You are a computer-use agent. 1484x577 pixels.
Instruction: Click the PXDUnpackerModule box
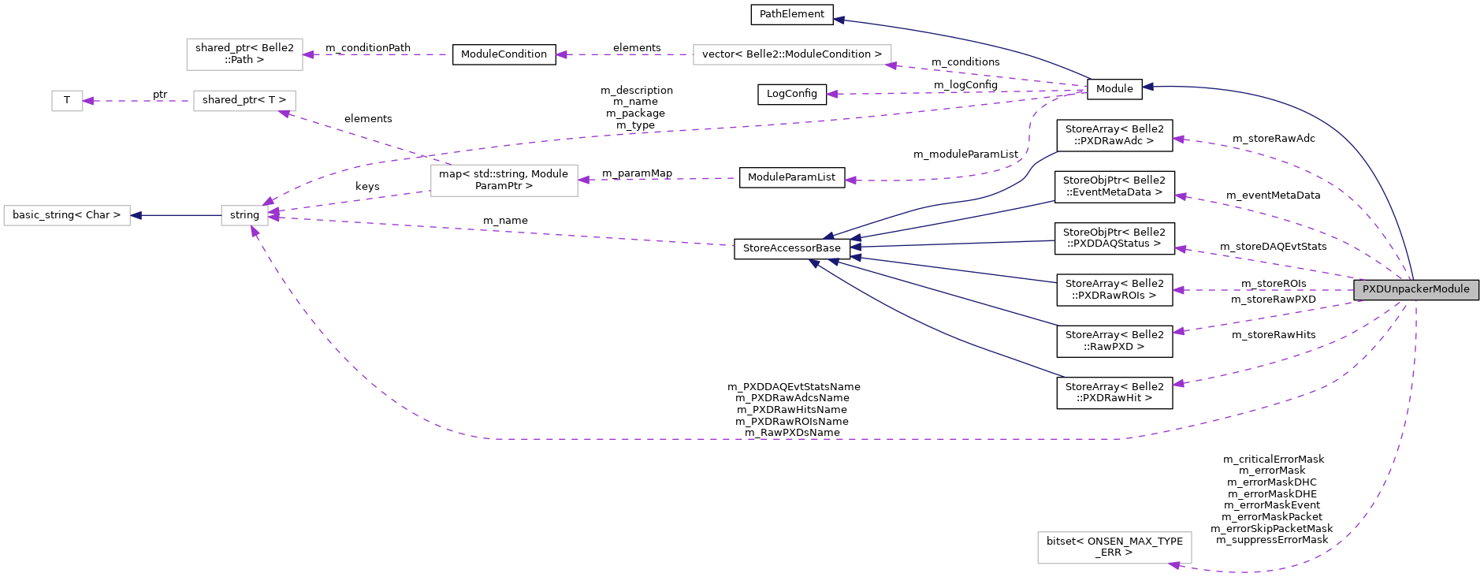coord(1416,289)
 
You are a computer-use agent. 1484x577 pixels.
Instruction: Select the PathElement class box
coord(792,14)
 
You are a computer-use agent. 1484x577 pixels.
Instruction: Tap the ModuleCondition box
coord(504,54)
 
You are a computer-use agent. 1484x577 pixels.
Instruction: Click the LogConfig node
coord(792,94)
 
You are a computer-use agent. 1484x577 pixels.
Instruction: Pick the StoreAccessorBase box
coord(792,248)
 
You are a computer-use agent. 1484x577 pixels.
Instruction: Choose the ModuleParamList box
coord(791,177)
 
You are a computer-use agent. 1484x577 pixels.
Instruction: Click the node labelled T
coord(67,101)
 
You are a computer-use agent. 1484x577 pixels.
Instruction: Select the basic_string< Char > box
coord(67,215)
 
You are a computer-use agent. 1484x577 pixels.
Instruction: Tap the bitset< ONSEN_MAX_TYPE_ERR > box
coord(1114,547)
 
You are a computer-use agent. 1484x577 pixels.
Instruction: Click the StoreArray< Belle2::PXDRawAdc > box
coord(1114,135)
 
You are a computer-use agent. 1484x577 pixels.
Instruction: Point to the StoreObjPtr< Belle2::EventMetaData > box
coord(1114,187)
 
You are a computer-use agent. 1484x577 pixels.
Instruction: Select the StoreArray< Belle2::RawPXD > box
coord(1114,341)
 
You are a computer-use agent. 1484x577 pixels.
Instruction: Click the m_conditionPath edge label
coord(368,48)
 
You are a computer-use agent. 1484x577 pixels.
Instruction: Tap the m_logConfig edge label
coord(965,85)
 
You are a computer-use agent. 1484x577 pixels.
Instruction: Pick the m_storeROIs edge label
coord(1274,284)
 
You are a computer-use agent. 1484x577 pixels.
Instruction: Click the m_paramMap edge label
coord(637,173)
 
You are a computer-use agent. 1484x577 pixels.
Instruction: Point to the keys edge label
coord(367,187)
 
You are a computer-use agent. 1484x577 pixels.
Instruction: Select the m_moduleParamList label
coord(965,154)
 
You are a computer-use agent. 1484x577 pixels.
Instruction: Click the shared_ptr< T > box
coord(244,101)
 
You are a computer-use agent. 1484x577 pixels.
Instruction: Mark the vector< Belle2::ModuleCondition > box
coord(792,54)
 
